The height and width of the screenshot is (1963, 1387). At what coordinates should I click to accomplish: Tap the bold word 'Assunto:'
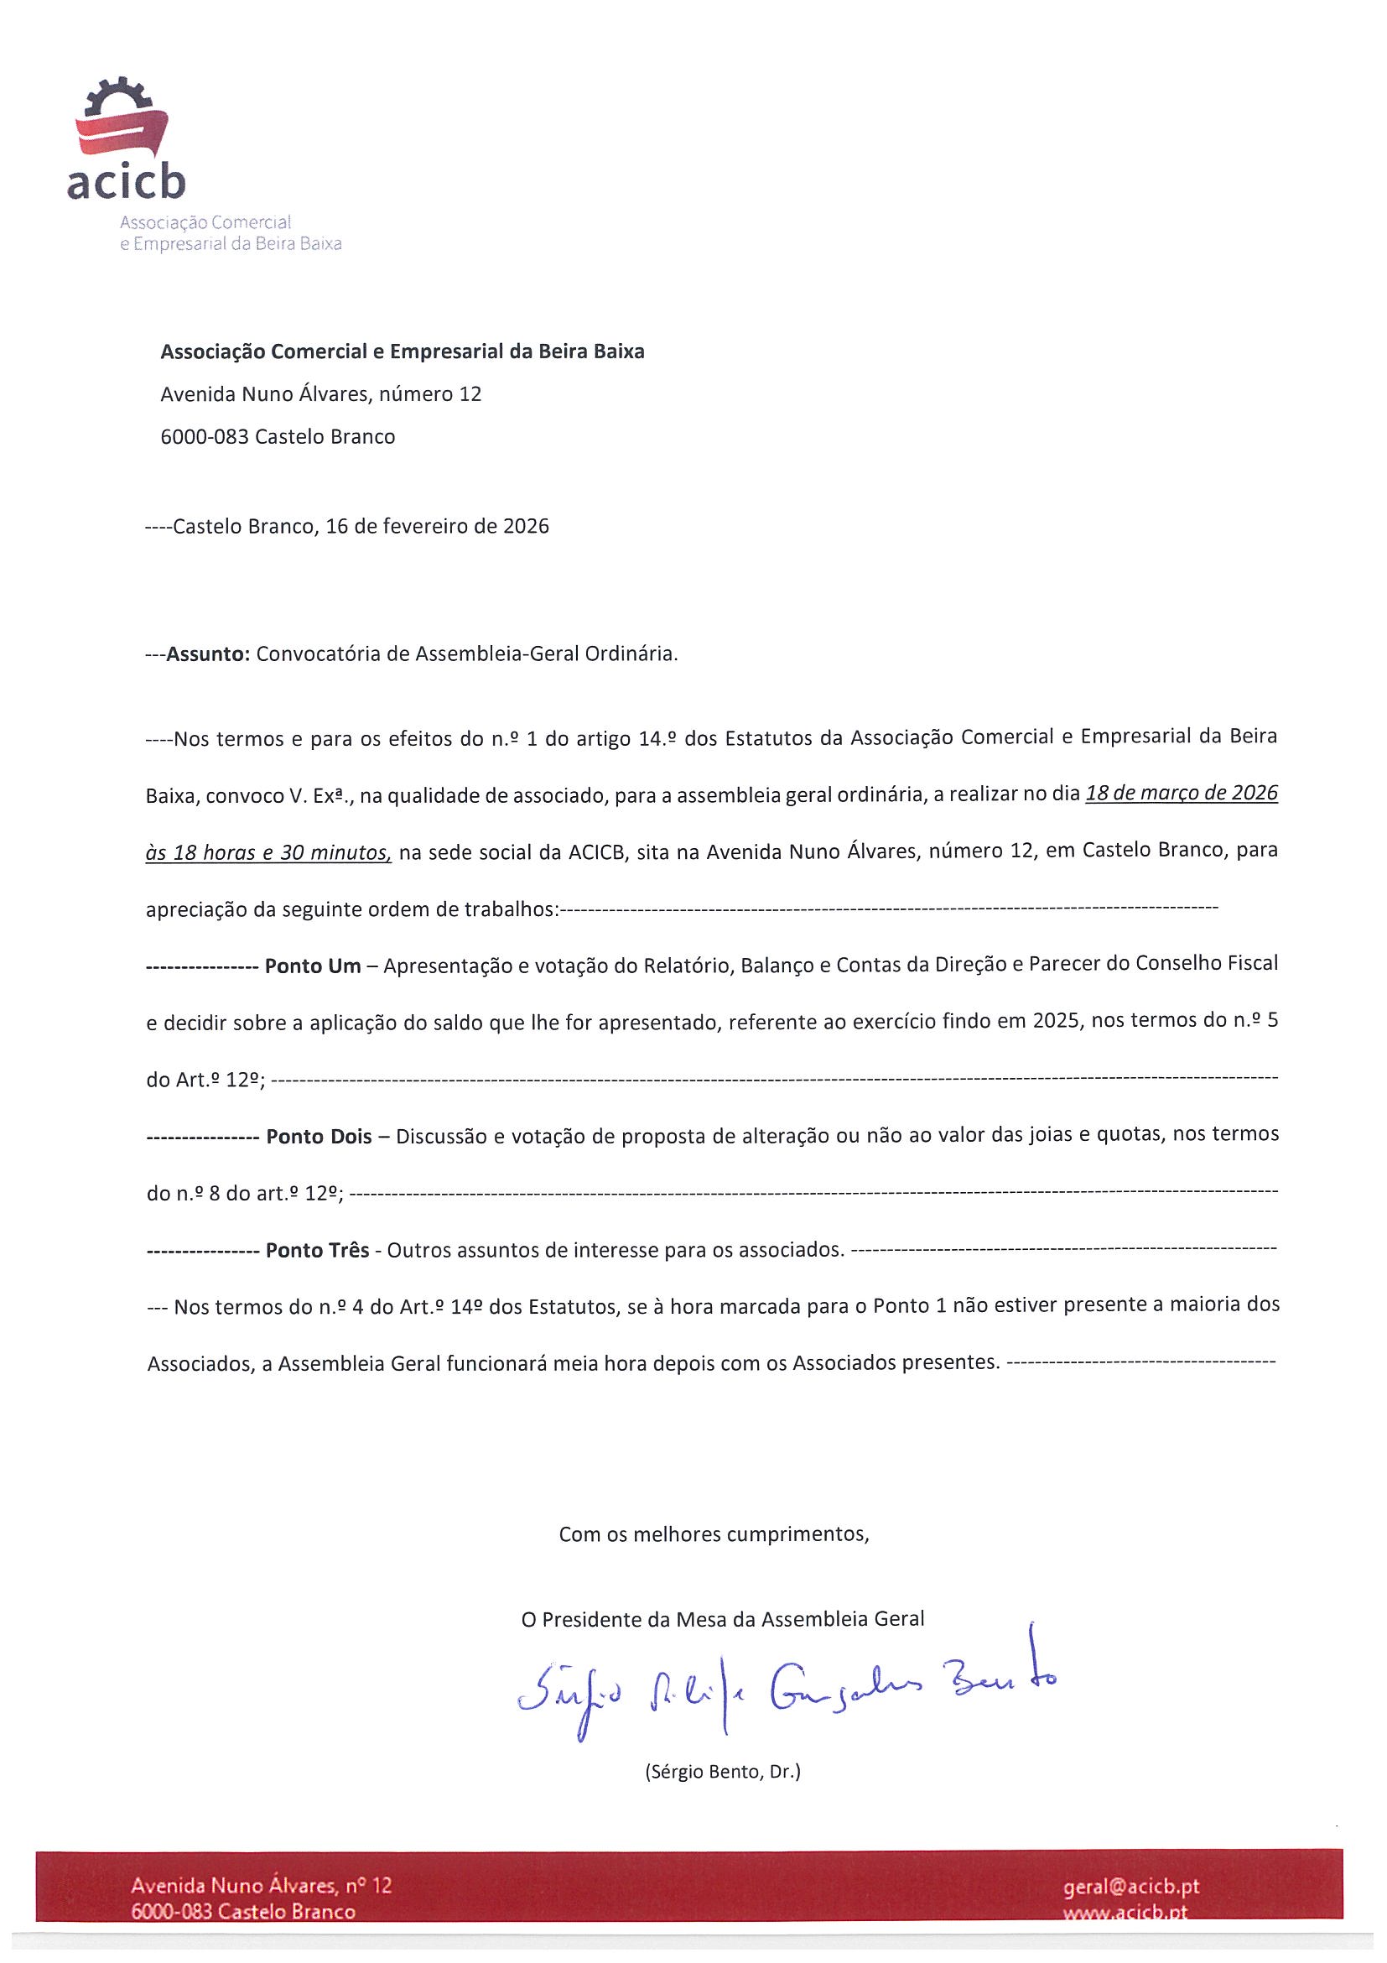point(208,654)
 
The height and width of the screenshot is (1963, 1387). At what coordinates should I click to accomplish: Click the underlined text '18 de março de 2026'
point(1181,794)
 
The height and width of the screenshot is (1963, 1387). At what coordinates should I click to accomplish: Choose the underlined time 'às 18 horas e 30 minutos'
point(268,852)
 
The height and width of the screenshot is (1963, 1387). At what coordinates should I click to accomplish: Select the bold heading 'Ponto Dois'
point(319,1136)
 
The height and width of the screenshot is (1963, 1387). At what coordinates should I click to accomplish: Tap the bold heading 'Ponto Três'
point(317,1250)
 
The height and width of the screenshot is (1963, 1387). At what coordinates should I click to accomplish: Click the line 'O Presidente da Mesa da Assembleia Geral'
point(722,1618)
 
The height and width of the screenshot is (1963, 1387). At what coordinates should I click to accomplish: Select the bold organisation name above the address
point(403,351)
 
